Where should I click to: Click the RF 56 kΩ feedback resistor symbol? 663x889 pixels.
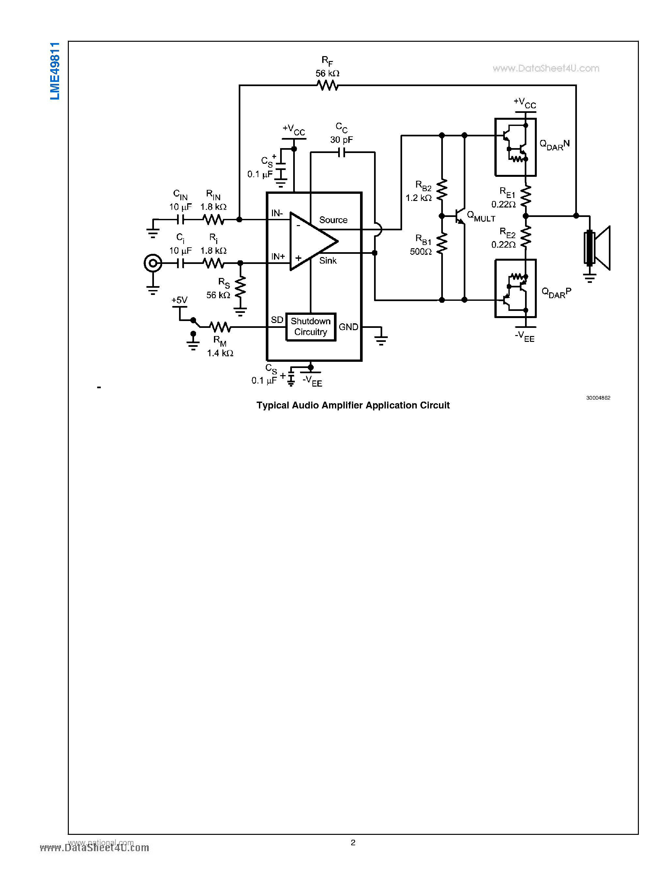click(327, 85)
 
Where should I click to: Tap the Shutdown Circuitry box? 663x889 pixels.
click(311, 327)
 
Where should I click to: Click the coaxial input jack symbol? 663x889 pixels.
click(153, 263)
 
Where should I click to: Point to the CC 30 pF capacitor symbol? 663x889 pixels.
click(341, 153)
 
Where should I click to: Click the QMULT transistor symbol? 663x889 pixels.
click(460, 216)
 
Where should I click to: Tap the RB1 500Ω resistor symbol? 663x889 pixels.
click(442, 244)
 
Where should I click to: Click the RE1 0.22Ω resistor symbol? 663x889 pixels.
click(526, 196)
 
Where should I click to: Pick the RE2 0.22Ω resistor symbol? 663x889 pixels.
click(526, 237)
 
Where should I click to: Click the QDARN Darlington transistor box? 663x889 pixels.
click(515, 147)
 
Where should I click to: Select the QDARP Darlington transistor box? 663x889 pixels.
click(515, 288)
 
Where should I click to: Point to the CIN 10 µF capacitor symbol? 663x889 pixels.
click(181, 220)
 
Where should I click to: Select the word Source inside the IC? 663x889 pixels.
click(333, 220)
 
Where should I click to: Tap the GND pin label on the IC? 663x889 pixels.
click(348, 327)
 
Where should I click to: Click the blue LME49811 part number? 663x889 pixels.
click(54, 71)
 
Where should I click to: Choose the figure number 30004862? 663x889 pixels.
click(598, 398)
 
